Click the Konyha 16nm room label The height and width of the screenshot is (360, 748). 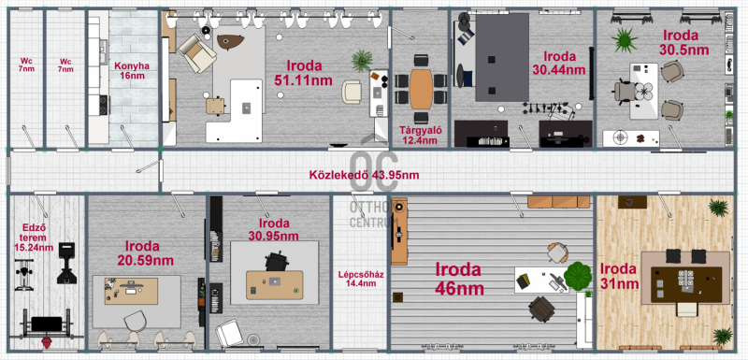(132, 70)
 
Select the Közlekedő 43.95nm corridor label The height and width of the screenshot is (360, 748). (364, 175)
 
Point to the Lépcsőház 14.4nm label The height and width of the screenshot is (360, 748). (361, 279)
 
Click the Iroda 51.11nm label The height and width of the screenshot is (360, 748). (304, 73)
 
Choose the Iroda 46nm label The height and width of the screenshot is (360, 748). (459, 279)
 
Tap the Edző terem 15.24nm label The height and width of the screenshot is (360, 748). (34, 238)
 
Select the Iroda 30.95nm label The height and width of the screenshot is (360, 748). (274, 229)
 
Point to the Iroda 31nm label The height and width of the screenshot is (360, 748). (619, 277)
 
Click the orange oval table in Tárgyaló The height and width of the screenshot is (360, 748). (421, 89)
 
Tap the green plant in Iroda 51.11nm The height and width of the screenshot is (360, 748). (362, 61)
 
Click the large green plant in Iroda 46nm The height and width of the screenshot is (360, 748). (578, 276)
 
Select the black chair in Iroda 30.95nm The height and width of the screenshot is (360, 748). (277, 262)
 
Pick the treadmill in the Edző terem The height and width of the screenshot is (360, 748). (66, 263)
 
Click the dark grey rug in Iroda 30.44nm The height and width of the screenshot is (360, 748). (502, 57)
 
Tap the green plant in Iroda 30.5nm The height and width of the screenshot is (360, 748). (625, 40)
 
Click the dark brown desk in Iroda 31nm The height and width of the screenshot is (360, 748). (686, 284)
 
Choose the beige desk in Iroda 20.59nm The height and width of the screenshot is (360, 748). (131, 292)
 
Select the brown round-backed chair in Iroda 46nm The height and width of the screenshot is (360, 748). (542, 309)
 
